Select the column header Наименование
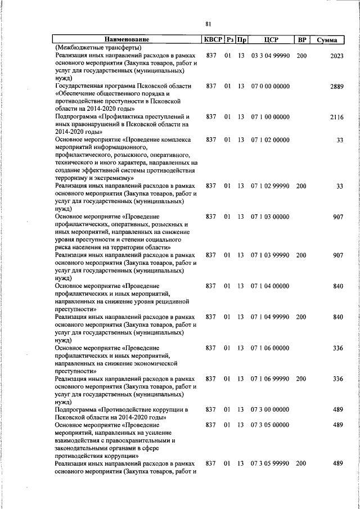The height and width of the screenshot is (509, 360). pyautogui.click(x=127, y=39)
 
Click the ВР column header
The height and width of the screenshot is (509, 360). pyautogui.click(x=302, y=39)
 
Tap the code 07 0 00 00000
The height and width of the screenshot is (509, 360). pyautogui.click(x=271, y=86)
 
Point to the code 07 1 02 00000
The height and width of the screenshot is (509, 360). pyautogui.click(x=271, y=139)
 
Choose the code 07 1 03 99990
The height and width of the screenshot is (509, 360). pyautogui.click(x=271, y=255)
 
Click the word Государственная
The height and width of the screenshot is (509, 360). pyautogui.click(x=80, y=86)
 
